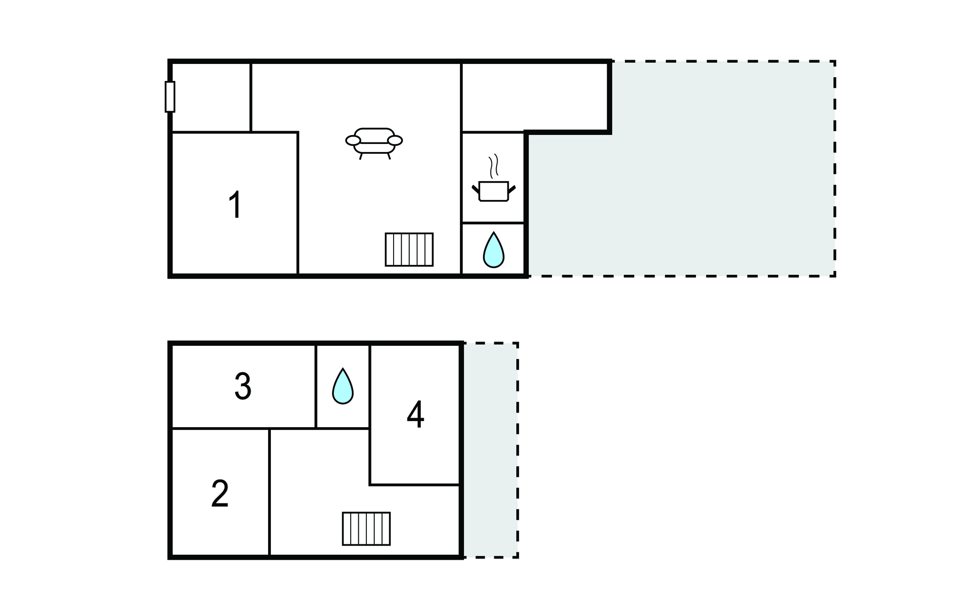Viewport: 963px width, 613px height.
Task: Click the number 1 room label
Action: (235, 205)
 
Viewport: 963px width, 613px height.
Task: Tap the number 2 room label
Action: (220, 494)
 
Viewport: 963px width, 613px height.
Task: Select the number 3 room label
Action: (243, 386)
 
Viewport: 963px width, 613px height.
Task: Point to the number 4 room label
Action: (415, 415)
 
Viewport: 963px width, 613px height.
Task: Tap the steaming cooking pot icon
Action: (494, 191)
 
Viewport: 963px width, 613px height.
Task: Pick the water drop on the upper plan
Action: (494, 250)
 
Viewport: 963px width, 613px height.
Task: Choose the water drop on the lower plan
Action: (343, 387)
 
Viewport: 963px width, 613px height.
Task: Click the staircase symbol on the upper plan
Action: (409, 249)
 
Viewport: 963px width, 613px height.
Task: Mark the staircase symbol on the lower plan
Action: (366, 528)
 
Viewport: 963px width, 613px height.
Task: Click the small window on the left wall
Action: (170, 97)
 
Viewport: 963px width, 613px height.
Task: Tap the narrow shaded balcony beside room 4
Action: (490, 450)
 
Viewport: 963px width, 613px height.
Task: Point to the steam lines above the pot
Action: (493, 166)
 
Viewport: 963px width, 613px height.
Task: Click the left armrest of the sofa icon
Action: (353, 140)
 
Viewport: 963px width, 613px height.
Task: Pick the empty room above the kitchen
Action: (534, 97)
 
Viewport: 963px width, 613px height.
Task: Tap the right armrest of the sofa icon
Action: (395, 140)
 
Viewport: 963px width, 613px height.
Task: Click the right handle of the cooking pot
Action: (512, 190)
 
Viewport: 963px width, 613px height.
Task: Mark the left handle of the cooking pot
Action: (475, 190)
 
